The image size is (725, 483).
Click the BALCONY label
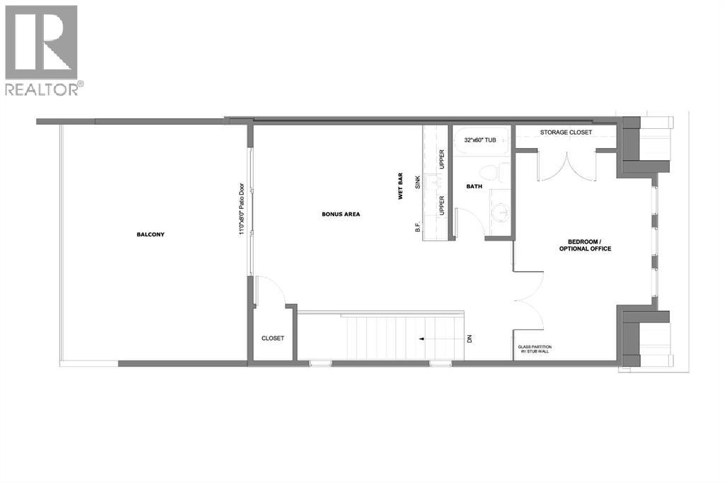pos(150,234)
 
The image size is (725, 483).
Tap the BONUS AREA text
pos(341,214)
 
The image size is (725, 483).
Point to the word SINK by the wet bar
pos(418,183)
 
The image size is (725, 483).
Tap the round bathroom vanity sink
pos(500,211)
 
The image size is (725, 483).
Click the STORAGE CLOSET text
pos(566,132)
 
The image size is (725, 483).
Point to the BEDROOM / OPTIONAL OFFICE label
pos(585,245)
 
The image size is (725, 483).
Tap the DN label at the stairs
pos(469,339)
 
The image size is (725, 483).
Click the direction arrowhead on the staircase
pos(421,339)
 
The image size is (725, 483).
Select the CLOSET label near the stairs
pos(273,339)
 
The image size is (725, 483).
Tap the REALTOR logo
pos(43,50)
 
